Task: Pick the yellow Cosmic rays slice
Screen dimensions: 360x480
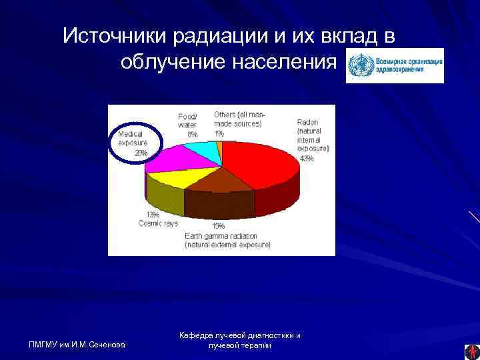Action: pyautogui.click(x=175, y=178)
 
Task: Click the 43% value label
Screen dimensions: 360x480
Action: pyautogui.click(x=307, y=159)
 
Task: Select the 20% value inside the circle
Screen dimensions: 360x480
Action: pyautogui.click(x=141, y=153)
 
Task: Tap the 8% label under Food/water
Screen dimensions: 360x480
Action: pyautogui.click(x=192, y=134)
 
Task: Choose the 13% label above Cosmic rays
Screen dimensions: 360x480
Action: pyautogui.click(x=153, y=215)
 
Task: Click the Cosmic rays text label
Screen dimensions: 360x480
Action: pyautogui.click(x=158, y=223)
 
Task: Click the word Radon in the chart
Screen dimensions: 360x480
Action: pyautogui.click(x=307, y=123)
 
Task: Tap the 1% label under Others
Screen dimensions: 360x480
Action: pyautogui.click(x=219, y=133)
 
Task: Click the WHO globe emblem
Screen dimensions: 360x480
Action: pyautogui.click(x=361, y=65)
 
